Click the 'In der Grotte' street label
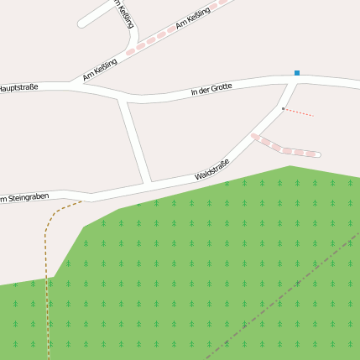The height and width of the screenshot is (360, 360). coord(211,89)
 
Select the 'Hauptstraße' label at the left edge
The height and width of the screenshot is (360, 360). coord(18,87)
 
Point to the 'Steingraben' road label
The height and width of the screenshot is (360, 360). coord(25,198)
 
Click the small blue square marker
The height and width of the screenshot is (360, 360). coord(296,73)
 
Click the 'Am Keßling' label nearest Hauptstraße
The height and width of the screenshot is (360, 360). coord(99,72)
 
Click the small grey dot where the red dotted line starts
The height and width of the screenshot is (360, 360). coord(284,108)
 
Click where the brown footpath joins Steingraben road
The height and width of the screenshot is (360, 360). coord(82,201)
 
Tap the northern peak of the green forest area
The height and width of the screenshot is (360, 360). coord(290,167)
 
